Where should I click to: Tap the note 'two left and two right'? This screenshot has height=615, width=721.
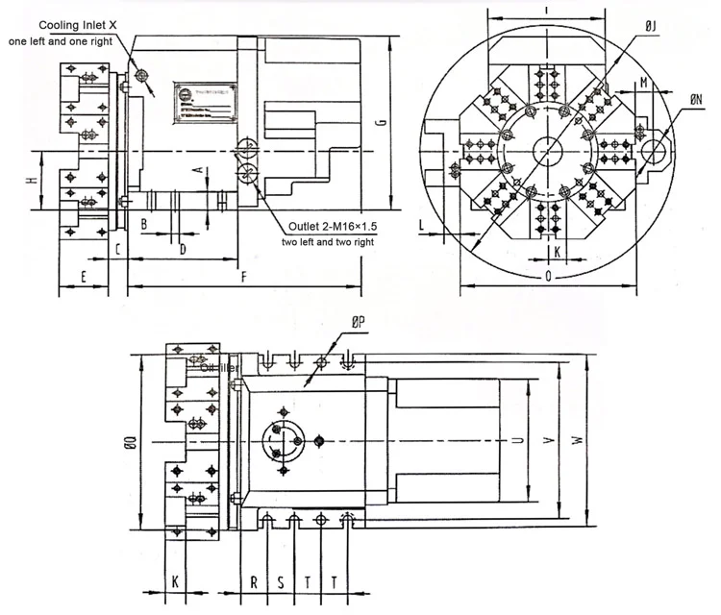328,242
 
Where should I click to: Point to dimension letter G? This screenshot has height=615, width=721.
382,121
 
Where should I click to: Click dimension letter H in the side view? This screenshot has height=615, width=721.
31,181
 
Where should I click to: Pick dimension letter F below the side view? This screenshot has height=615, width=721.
244,278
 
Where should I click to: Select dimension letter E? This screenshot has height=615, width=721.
84,277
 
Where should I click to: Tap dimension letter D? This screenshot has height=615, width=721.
183,249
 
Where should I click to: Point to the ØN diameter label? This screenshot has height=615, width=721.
696,97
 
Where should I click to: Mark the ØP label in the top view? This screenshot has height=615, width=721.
358,325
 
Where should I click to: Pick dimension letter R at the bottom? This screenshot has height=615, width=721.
254,582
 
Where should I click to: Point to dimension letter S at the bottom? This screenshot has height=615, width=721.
281,582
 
